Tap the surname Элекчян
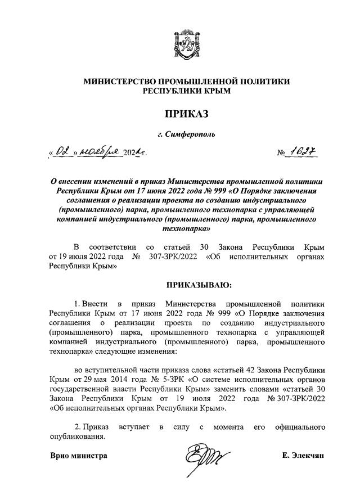311,456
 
